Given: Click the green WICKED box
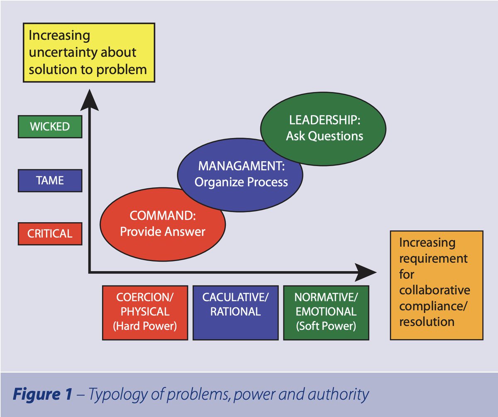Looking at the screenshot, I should tap(50, 126).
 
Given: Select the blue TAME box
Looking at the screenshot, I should tap(50, 180).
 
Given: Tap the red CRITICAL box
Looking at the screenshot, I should tap(50, 233).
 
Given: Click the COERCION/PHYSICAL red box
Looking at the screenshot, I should tap(145, 312).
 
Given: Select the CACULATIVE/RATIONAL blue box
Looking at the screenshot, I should tap(235, 312).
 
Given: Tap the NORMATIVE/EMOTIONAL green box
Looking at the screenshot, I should tap(326, 312).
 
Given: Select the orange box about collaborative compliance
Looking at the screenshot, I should tap(436, 285).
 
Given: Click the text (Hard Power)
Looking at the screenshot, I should tap(145, 326).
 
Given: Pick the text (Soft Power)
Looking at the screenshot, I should tap(326, 326).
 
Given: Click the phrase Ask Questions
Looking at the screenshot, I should tap(324, 136).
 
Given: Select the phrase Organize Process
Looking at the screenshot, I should tap(241, 182).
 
